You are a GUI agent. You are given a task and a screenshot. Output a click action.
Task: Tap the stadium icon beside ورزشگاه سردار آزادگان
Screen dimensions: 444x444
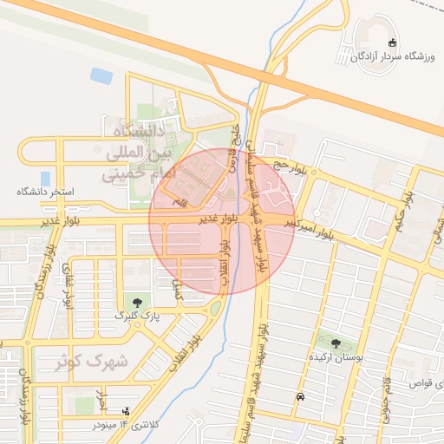[x=392, y=42]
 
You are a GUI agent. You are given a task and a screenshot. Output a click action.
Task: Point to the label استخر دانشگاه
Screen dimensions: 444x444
[x=46, y=191]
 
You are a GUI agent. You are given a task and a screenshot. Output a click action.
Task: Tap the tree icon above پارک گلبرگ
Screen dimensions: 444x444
[x=138, y=302]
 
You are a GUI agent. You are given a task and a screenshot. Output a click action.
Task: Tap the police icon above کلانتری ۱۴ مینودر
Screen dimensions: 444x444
[x=127, y=411]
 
